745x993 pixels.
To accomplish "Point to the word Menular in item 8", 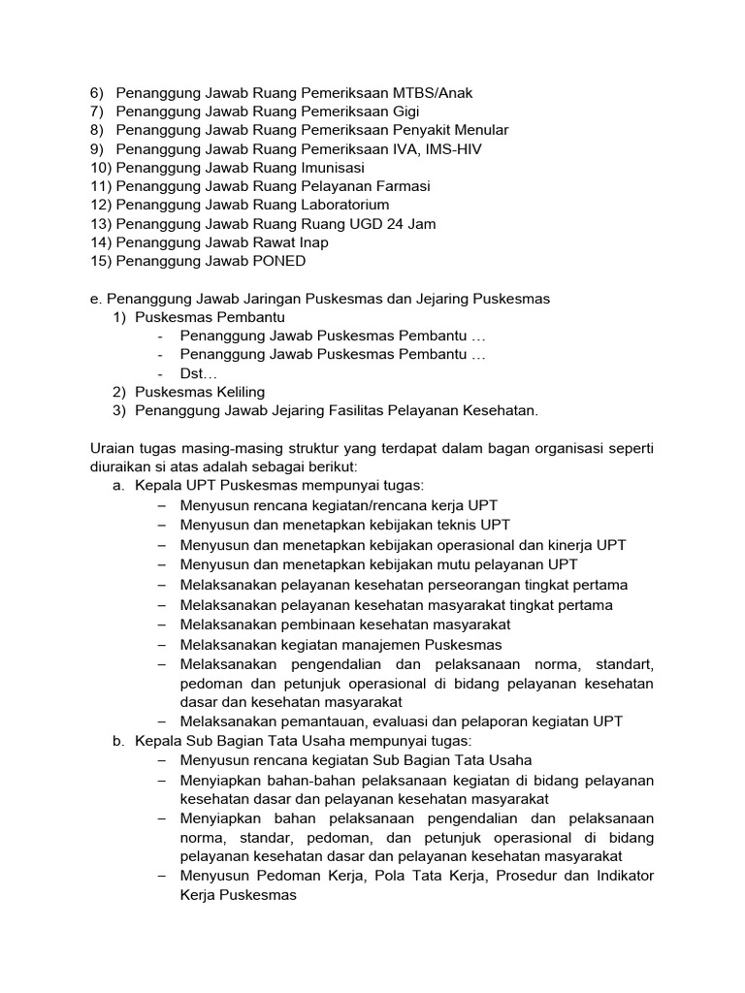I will [x=481, y=130].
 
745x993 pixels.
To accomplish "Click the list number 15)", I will [x=100, y=261].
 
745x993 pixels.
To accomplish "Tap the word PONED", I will [x=278, y=261].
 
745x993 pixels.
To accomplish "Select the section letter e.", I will [x=93, y=299].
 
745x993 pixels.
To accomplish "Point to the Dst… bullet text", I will [x=199, y=373].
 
